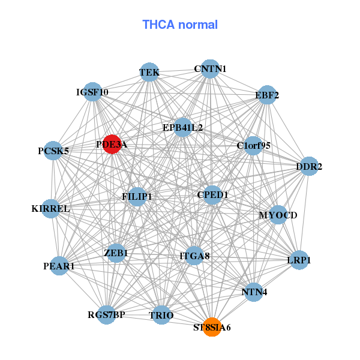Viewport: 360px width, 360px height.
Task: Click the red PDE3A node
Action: tap(112, 144)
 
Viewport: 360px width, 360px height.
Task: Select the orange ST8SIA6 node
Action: tap(212, 327)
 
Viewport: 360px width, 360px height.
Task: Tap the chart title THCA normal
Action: tap(180, 25)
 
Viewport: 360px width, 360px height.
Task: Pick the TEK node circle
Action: tap(149, 72)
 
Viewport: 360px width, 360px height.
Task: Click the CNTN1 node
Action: tap(210, 69)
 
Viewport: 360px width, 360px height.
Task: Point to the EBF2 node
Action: tap(267, 95)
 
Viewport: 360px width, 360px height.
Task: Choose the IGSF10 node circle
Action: tap(92, 92)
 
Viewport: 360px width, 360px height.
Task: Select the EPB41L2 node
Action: tap(183, 127)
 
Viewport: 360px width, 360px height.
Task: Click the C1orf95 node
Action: tap(253, 146)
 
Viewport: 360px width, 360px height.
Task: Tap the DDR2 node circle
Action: tap(309, 166)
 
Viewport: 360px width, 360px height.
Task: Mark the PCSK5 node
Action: tap(53, 151)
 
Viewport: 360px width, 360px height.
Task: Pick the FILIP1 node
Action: tap(137, 197)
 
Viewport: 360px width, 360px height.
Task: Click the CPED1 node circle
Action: tap(212, 195)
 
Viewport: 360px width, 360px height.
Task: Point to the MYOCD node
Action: tap(278, 215)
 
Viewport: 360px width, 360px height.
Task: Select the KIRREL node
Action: tap(51, 209)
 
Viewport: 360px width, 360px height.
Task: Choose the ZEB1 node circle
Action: tap(116, 253)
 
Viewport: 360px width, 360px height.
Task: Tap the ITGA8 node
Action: tap(194, 256)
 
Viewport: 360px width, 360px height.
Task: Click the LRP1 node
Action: tap(299, 260)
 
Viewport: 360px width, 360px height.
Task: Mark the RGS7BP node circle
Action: tap(107, 315)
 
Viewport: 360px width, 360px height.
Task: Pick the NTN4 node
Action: tap(254, 292)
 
